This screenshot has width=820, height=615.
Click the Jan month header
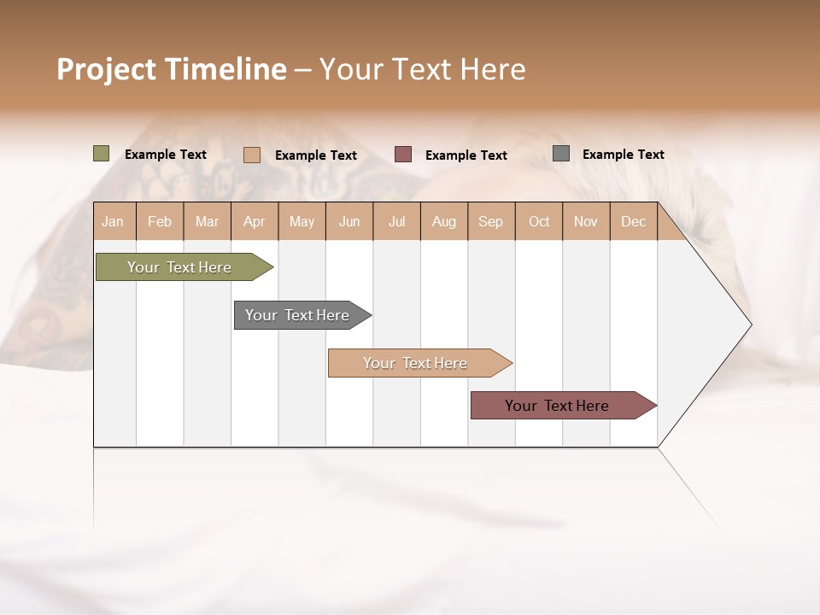pyautogui.click(x=113, y=221)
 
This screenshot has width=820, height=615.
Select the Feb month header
pyautogui.click(x=160, y=221)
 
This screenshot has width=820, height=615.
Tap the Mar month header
pyautogui.click(x=207, y=221)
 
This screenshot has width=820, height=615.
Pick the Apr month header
pyautogui.click(x=254, y=221)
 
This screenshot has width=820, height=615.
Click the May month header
pyautogui.click(x=302, y=221)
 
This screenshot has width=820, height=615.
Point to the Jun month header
pyautogui.click(x=349, y=221)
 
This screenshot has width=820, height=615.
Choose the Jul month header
pyautogui.click(x=396, y=221)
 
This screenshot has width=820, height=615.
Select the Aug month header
pyautogui.click(x=443, y=221)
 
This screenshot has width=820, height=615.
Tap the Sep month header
pyautogui.click(x=490, y=221)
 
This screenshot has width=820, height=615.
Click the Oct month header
pyautogui.click(x=539, y=221)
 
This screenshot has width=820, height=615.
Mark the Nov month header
pyautogui.click(x=585, y=221)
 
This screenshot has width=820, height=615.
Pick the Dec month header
pyautogui.click(x=633, y=221)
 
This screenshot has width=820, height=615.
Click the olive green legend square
pyautogui.click(x=102, y=154)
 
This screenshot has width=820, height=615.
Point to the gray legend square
pyautogui.click(x=561, y=154)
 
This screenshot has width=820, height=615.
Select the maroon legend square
pyautogui.click(x=403, y=155)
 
